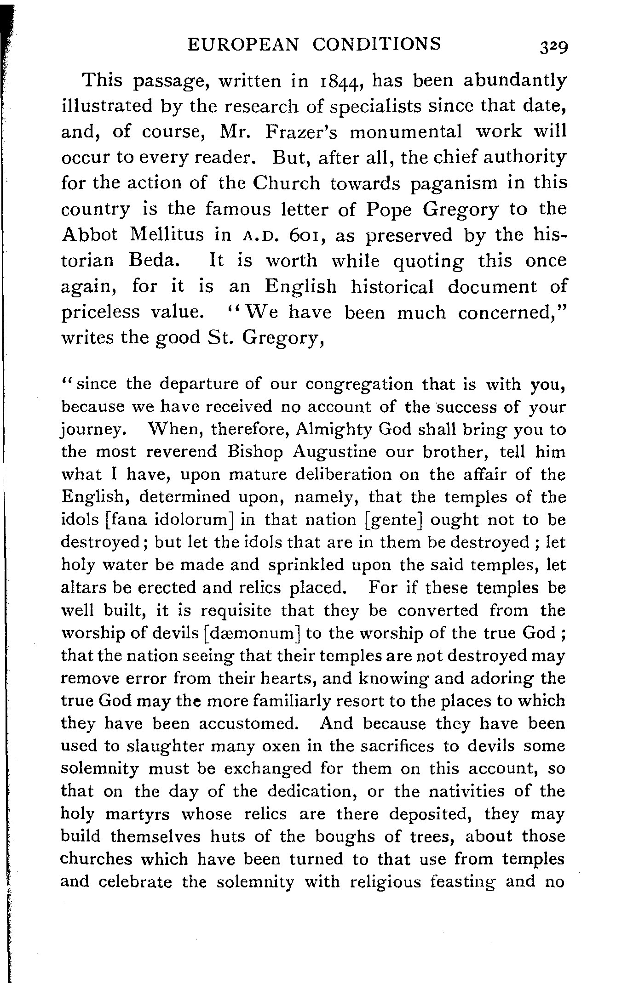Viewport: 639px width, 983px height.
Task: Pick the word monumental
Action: point(406,132)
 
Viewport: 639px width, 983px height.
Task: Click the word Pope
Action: point(389,210)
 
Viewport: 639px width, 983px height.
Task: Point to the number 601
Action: point(301,235)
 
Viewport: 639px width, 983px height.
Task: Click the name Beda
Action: point(151,261)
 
